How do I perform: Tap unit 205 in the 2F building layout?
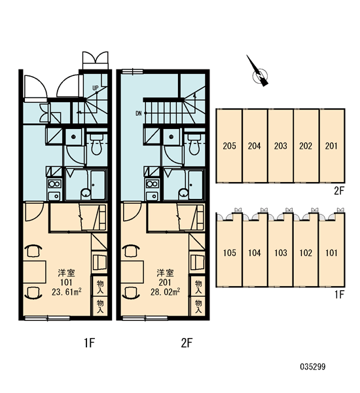230,145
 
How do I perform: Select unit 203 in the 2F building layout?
281,145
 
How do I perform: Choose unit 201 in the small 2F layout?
332,145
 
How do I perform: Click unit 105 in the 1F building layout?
230,253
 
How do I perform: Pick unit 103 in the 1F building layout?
281,253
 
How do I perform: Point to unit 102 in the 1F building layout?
306,253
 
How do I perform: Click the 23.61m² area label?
66,291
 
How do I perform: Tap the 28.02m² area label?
165,291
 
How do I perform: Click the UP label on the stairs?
96,88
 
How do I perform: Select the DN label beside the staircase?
139,113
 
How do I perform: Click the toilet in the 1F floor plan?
97,144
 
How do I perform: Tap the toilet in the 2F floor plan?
195,144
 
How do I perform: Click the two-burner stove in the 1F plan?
54,183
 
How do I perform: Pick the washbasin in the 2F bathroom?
184,193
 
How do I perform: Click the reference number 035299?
313,367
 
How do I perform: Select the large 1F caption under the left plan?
90,343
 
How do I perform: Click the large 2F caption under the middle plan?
187,343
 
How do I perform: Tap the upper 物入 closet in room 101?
100,286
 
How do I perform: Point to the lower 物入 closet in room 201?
198,307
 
